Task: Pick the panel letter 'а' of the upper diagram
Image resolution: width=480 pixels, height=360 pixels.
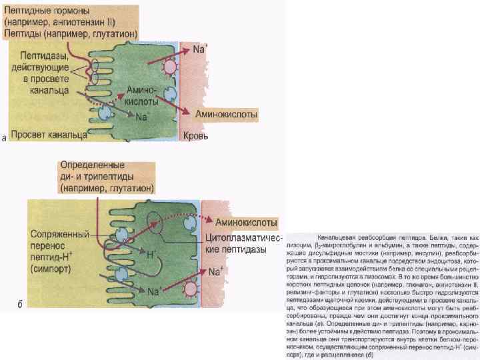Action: point(5,139)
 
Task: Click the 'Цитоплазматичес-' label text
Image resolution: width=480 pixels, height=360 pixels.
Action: point(245,238)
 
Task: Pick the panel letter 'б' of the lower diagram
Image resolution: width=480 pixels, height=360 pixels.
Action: point(20,305)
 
